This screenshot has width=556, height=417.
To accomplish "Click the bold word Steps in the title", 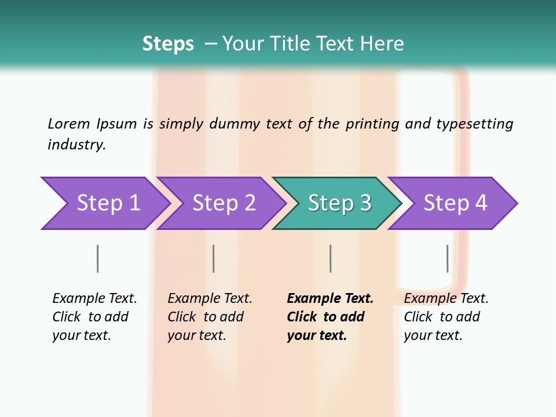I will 168,44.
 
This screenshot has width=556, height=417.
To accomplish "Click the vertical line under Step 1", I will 97,258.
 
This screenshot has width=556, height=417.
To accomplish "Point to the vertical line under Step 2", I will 214,258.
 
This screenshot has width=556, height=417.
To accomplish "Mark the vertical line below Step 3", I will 330,258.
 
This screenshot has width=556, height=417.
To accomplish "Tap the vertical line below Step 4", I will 447,258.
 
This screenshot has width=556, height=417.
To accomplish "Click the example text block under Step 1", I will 94,317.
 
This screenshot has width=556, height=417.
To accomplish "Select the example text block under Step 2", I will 209,317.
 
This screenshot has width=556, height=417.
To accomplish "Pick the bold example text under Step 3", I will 330,317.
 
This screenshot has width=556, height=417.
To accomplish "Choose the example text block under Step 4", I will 445,317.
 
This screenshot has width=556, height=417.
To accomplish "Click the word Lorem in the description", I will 69,124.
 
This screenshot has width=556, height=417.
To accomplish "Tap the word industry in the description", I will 76,145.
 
